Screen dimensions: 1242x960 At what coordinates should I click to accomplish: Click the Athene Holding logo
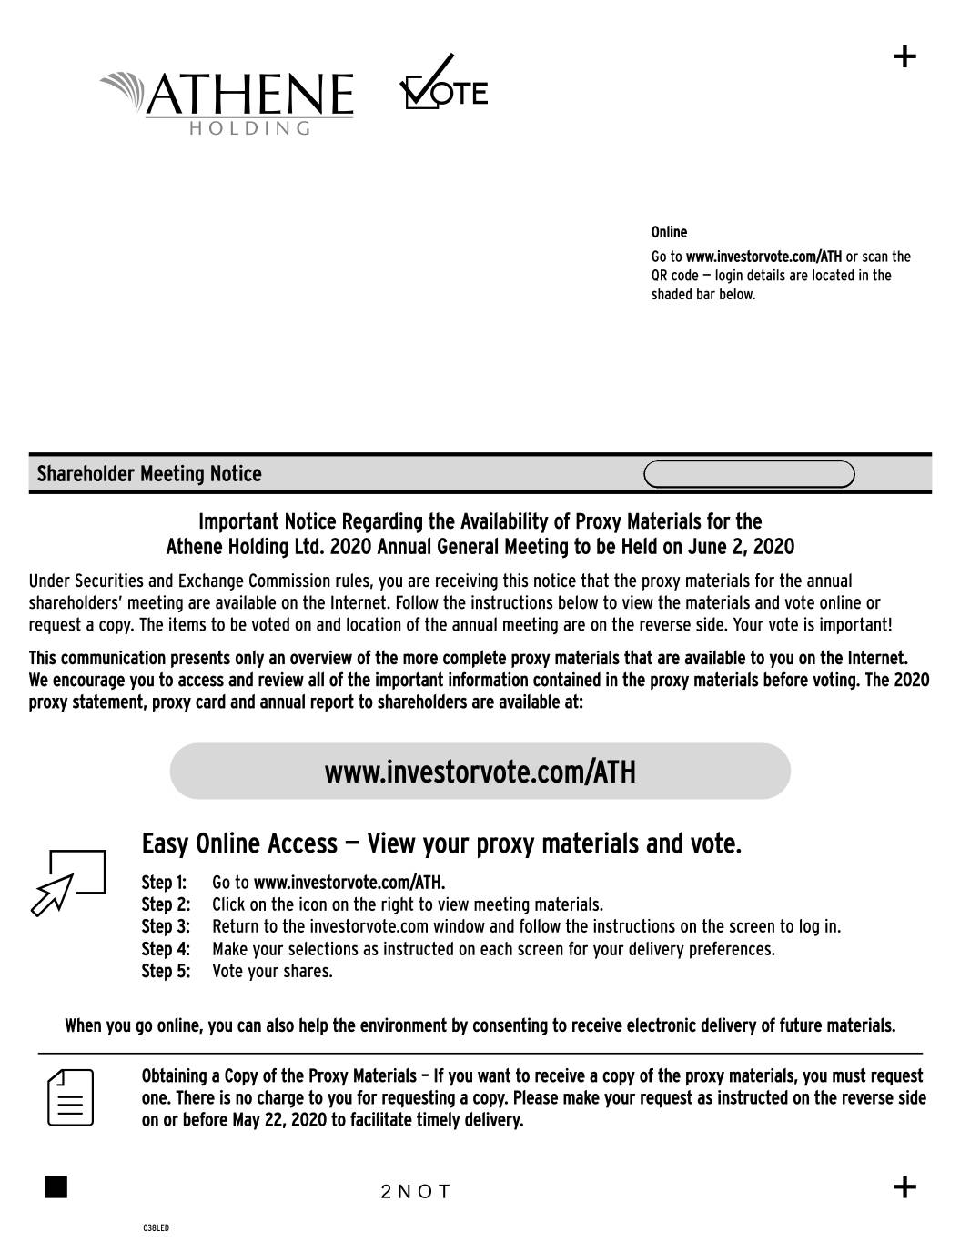(x=227, y=101)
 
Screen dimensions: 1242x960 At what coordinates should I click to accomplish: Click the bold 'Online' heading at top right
(x=669, y=232)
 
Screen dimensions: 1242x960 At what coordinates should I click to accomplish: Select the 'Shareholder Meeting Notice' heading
(x=149, y=474)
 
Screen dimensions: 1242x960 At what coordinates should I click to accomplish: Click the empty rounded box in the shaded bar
(x=749, y=475)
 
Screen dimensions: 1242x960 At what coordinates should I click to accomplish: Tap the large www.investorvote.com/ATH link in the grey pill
(x=480, y=772)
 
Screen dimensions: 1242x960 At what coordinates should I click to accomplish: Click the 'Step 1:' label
(x=164, y=883)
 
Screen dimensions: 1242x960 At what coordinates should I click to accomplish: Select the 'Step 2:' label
(x=166, y=904)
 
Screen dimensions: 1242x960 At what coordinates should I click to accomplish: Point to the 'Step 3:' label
(x=166, y=926)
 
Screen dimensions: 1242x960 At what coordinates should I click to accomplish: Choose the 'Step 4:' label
(x=166, y=949)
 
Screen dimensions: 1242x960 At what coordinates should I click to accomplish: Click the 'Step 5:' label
(x=166, y=971)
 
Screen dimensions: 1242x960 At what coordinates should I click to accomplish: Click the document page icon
(x=71, y=1096)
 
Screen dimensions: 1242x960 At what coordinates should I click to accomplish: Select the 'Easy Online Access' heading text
(x=239, y=844)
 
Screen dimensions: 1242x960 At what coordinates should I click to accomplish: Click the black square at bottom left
(x=56, y=1187)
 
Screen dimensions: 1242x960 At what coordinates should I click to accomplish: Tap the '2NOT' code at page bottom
(x=416, y=1192)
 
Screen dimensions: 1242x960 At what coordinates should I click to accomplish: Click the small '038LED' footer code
(x=156, y=1228)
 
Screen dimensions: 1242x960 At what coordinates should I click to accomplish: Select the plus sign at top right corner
(x=904, y=57)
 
